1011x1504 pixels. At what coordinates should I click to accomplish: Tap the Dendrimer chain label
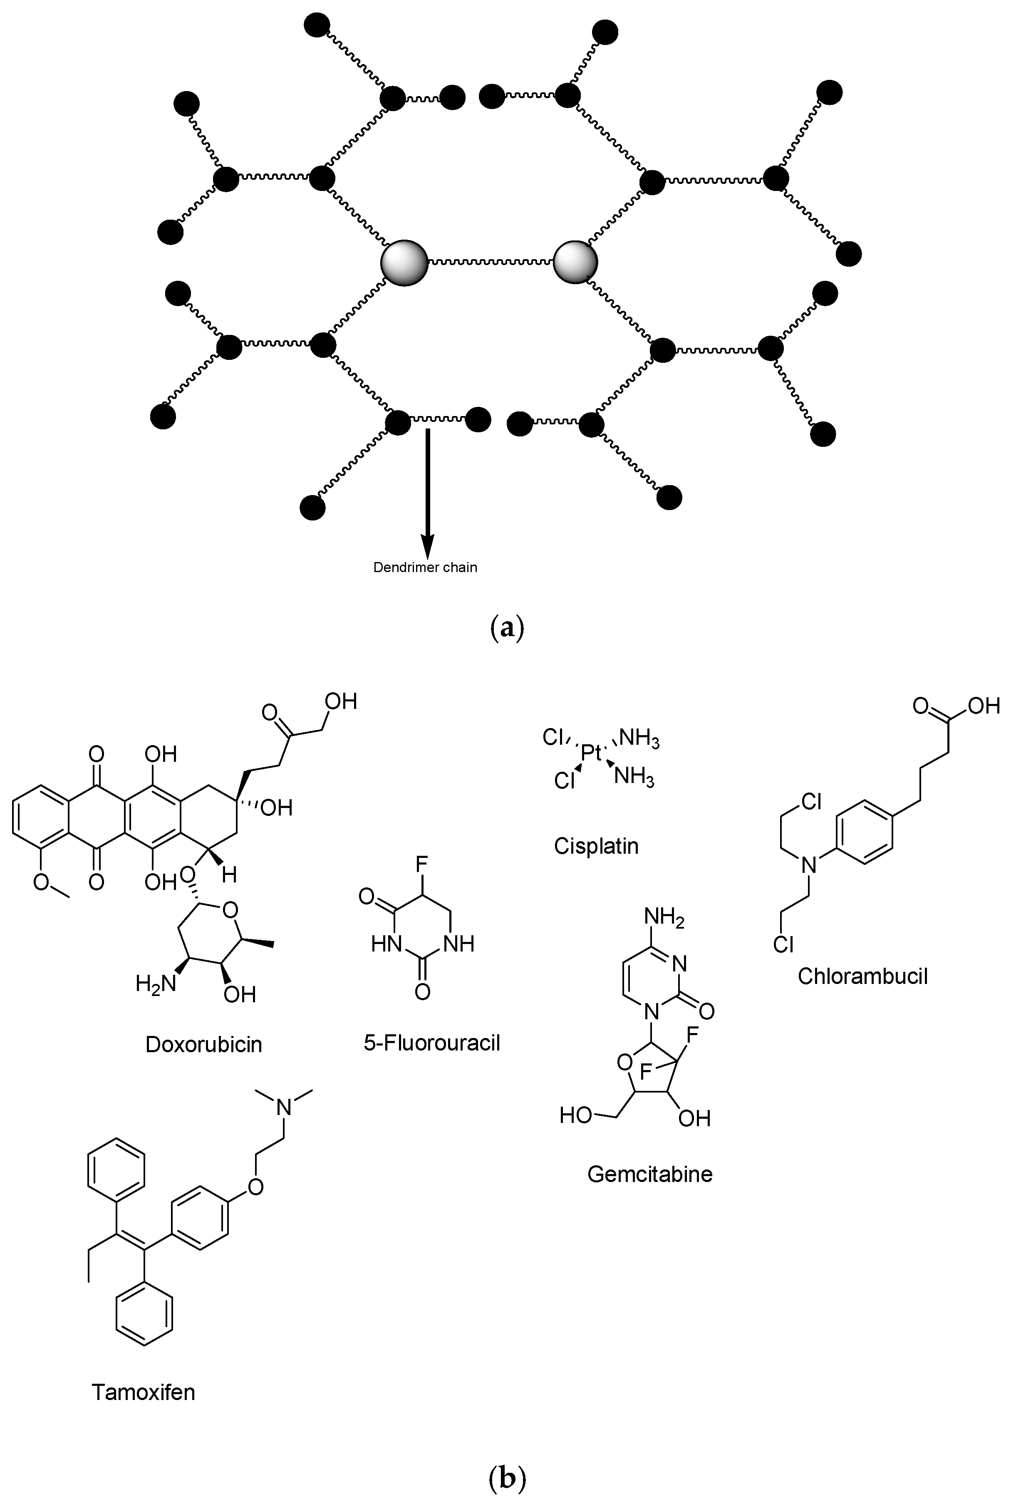[426, 568]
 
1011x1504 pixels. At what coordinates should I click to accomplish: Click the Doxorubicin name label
[204, 1044]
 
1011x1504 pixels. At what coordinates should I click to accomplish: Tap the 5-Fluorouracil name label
[432, 1043]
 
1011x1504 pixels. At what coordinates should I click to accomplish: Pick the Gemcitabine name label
[650, 1174]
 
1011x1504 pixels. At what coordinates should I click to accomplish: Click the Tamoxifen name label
[143, 1393]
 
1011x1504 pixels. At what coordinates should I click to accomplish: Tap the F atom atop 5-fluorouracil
[422, 863]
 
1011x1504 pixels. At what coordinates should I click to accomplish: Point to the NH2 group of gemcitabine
[664, 917]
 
